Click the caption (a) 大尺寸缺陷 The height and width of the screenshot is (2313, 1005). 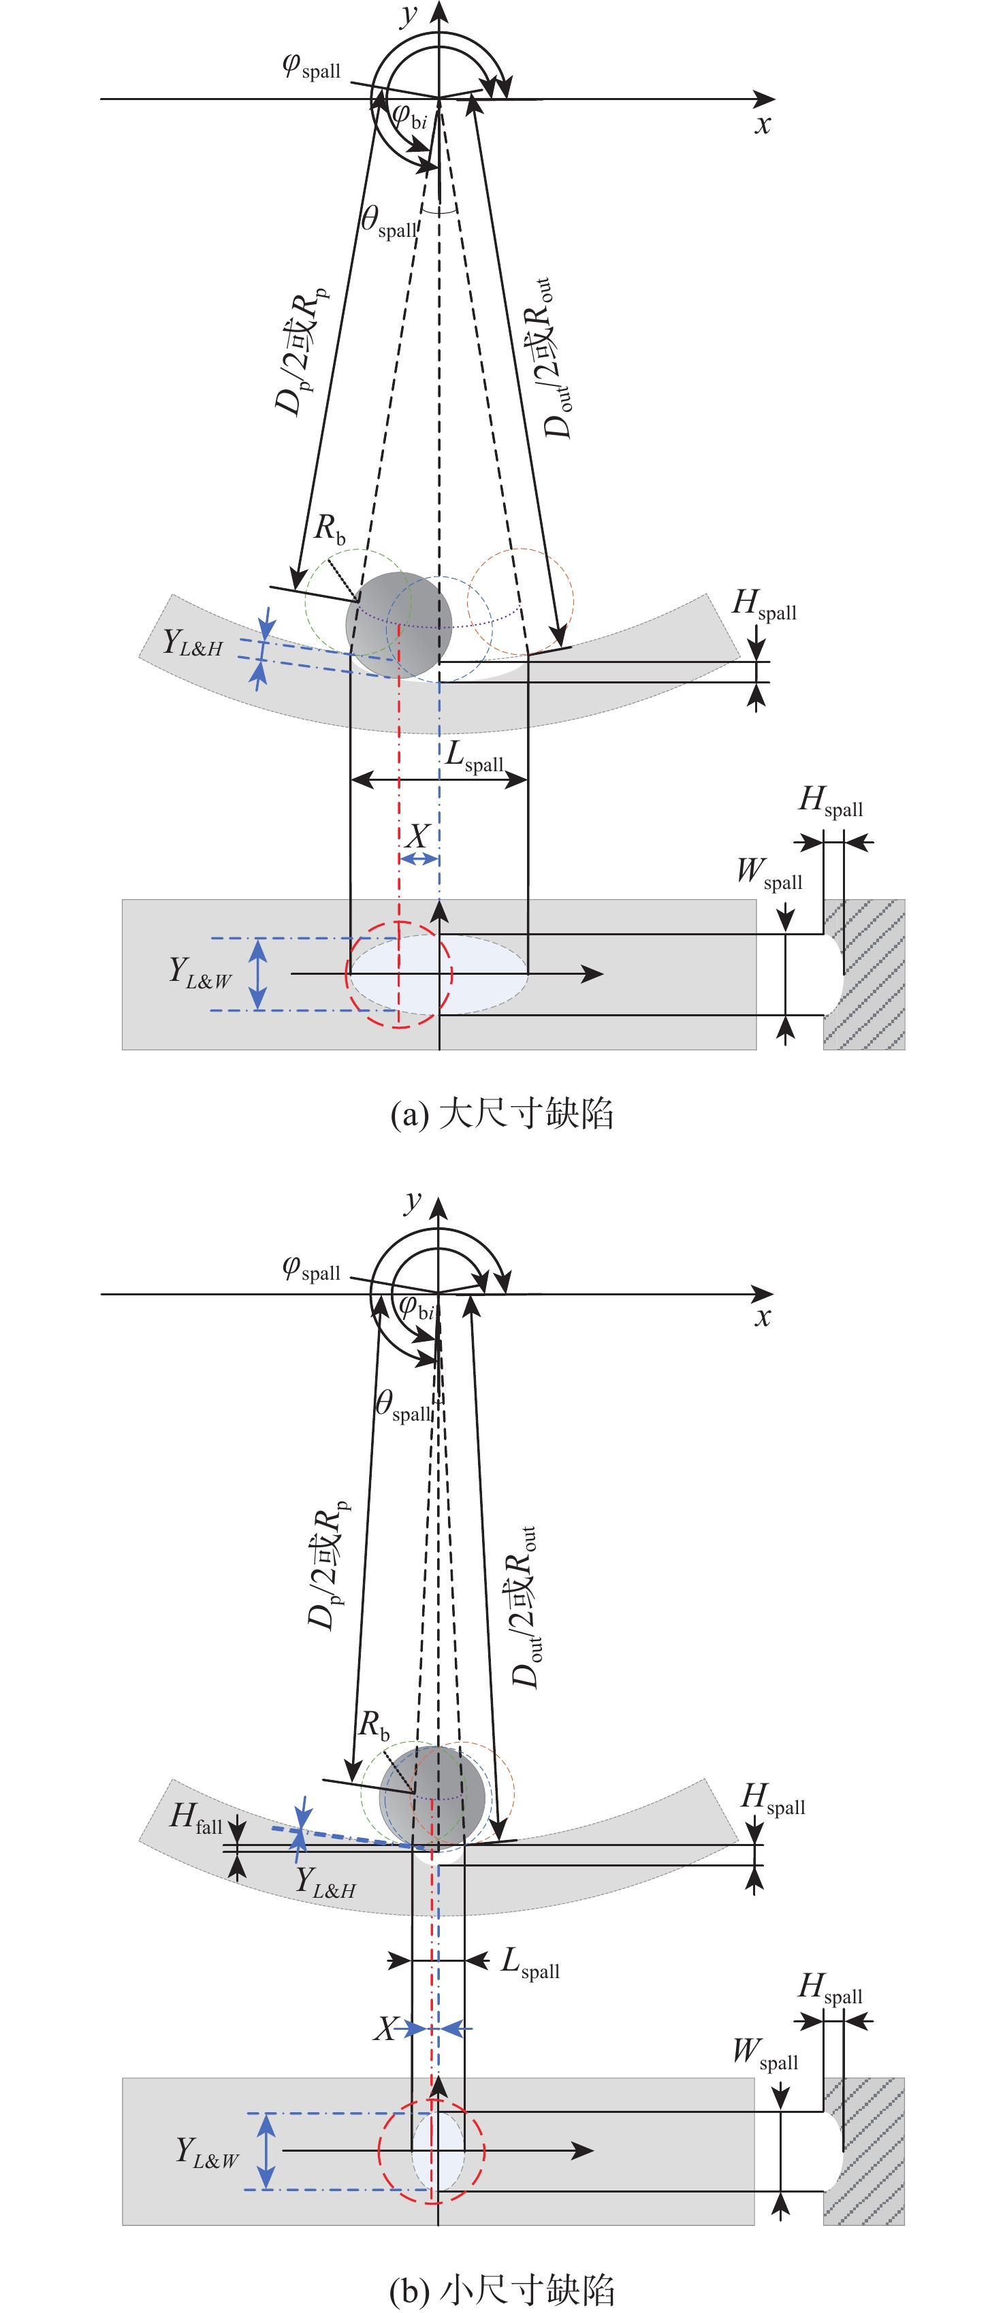click(x=502, y=1114)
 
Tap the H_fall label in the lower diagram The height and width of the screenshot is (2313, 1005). click(x=196, y=1818)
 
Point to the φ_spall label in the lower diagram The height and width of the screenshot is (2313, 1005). click(x=310, y=1269)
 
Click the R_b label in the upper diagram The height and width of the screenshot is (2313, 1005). click(x=330, y=528)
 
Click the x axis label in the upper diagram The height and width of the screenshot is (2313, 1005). click(x=763, y=124)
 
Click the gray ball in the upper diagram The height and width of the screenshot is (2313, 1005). click(x=399, y=624)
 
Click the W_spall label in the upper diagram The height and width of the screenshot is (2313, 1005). click(x=769, y=873)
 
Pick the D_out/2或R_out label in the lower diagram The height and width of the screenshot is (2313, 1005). click(x=524, y=1606)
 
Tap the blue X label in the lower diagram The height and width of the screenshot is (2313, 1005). click(x=386, y=2028)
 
